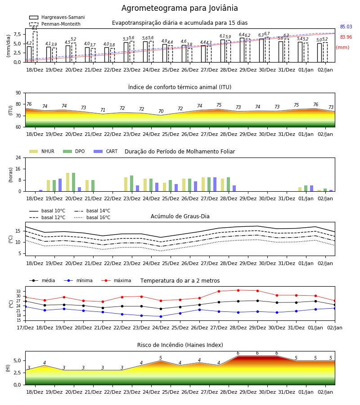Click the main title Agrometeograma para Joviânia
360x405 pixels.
[x=180, y=8]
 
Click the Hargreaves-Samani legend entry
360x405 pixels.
[x=57, y=17]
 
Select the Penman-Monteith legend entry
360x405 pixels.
[x=55, y=24]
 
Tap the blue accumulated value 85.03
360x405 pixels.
[x=346, y=27]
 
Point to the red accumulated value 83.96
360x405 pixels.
[x=346, y=37]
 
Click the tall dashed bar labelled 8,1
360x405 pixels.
[x=35, y=47]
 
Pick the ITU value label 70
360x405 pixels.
[x=161, y=111]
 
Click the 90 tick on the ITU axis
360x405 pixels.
[x=18, y=93]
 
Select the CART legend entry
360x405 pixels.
[x=106, y=151]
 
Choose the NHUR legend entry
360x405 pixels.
[x=42, y=151]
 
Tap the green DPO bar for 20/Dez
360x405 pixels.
[x=74, y=182]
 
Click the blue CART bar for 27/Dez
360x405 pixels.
[x=215, y=184]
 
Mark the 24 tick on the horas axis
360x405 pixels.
[x=18, y=157]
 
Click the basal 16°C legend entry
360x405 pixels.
[x=92, y=217]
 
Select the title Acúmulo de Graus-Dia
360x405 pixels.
[x=180, y=216]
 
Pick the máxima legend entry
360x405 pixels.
[x=116, y=280]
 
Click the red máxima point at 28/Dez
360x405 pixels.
[x=238, y=290]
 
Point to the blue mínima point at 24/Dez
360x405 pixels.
[x=161, y=316]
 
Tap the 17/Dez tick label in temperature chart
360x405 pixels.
[x=25, y=328]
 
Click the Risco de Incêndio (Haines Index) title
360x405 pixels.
[x=180, y=345]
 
